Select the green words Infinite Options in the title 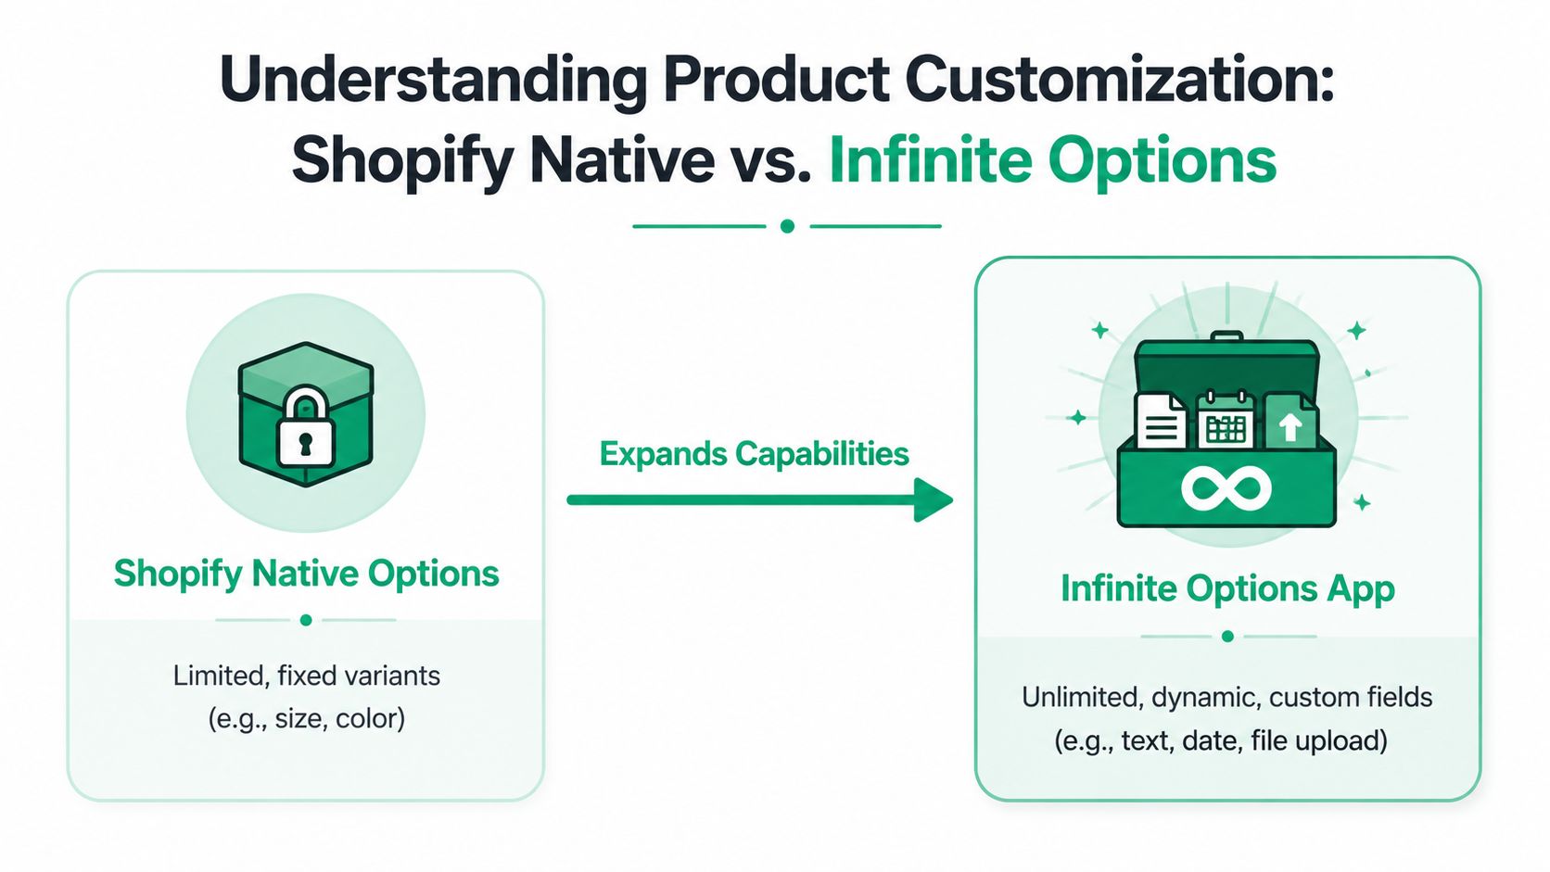[x=1052, y=161]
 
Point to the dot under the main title [x=787, y=226]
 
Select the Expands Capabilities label [x=754, y=454]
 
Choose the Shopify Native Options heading [x=306, y=574]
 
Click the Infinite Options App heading [x=1227, y=589]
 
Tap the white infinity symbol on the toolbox [x=1226, y=488]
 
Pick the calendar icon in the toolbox [x=1226, y=422]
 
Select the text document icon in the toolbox [x=1161, y=423]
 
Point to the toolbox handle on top [x=1226, y=336]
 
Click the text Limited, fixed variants [x=306, y=676]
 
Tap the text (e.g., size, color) [x=306, y=719]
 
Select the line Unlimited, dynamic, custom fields [x=1226, y=697]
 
